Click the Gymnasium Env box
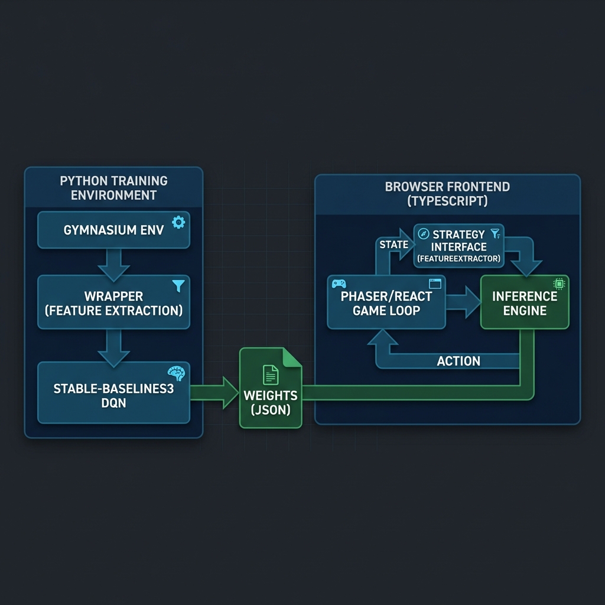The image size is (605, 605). (x=113, y=230)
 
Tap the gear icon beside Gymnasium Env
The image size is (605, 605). (x=178, y=222)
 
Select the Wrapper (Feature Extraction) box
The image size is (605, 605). (x=113, y=302)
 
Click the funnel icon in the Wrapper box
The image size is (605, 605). (x=178, y=286)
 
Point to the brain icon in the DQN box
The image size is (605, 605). (x=176, y=373)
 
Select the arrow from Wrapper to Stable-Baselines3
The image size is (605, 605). (x=113, y=347)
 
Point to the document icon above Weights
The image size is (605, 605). (x=270, y=375)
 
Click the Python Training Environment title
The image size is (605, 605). (x=113, y=187)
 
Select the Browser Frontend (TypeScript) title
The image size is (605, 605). (x=447, y=194)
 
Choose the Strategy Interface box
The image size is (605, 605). (x=458, y=245)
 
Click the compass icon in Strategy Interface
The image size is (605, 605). (x=423, y=234)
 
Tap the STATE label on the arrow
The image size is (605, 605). (x=393, y=245)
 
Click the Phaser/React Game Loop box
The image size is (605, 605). (x=386, y=302)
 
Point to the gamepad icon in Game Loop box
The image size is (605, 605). (x=339, y=284)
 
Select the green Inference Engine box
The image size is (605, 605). (x=525, y=302)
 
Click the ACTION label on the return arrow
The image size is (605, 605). (x=458, y=361)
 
